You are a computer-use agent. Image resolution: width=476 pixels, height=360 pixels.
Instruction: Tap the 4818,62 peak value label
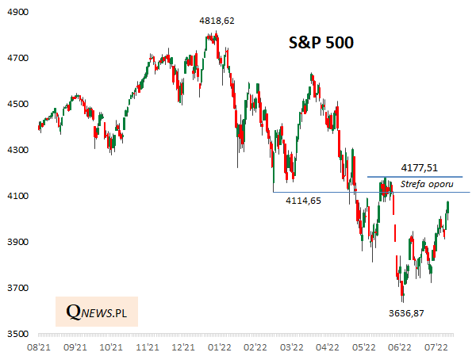pos(217,21)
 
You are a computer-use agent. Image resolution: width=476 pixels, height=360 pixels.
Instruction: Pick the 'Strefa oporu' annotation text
pos(428,185)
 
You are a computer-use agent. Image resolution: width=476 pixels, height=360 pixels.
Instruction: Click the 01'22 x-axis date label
pos(219,347)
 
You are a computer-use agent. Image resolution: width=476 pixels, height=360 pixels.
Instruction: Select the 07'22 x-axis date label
pos(436,347)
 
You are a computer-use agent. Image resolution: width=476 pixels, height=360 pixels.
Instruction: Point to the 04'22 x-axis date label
pos(328,347)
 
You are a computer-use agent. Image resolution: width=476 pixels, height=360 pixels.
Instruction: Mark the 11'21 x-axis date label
pos(147,347)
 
